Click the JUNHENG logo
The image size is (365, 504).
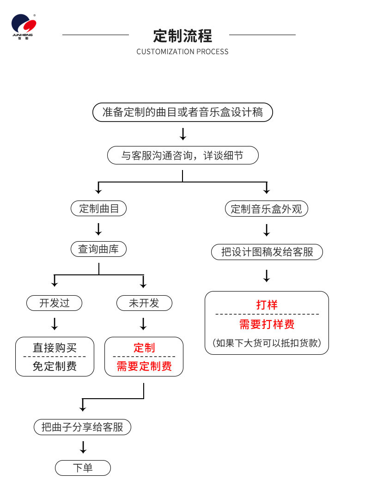[24, 27]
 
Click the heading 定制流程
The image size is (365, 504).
[182, 36]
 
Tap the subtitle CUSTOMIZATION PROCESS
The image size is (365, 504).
[182, 52]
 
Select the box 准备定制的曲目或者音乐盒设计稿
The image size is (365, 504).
[182, 112]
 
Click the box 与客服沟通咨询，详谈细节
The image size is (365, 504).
[182, 155]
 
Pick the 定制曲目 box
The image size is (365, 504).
[98, 208]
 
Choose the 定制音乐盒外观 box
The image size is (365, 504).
[266, 209]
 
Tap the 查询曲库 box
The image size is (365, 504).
[98, 249]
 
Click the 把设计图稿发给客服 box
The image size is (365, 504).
[267, 252]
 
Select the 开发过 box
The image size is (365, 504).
[55, 303]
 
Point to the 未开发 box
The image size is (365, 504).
[144, 303]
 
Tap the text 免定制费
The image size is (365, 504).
[55, 366]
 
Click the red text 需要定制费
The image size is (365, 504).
[144, 366]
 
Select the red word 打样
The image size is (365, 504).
[267, 305]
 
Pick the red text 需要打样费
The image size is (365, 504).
[267, 324]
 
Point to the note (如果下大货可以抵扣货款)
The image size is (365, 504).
[267, 343]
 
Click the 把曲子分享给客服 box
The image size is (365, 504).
[82, 427]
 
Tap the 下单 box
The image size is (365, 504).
[83, 468]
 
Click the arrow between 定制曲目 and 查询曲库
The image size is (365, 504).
[98, 229]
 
